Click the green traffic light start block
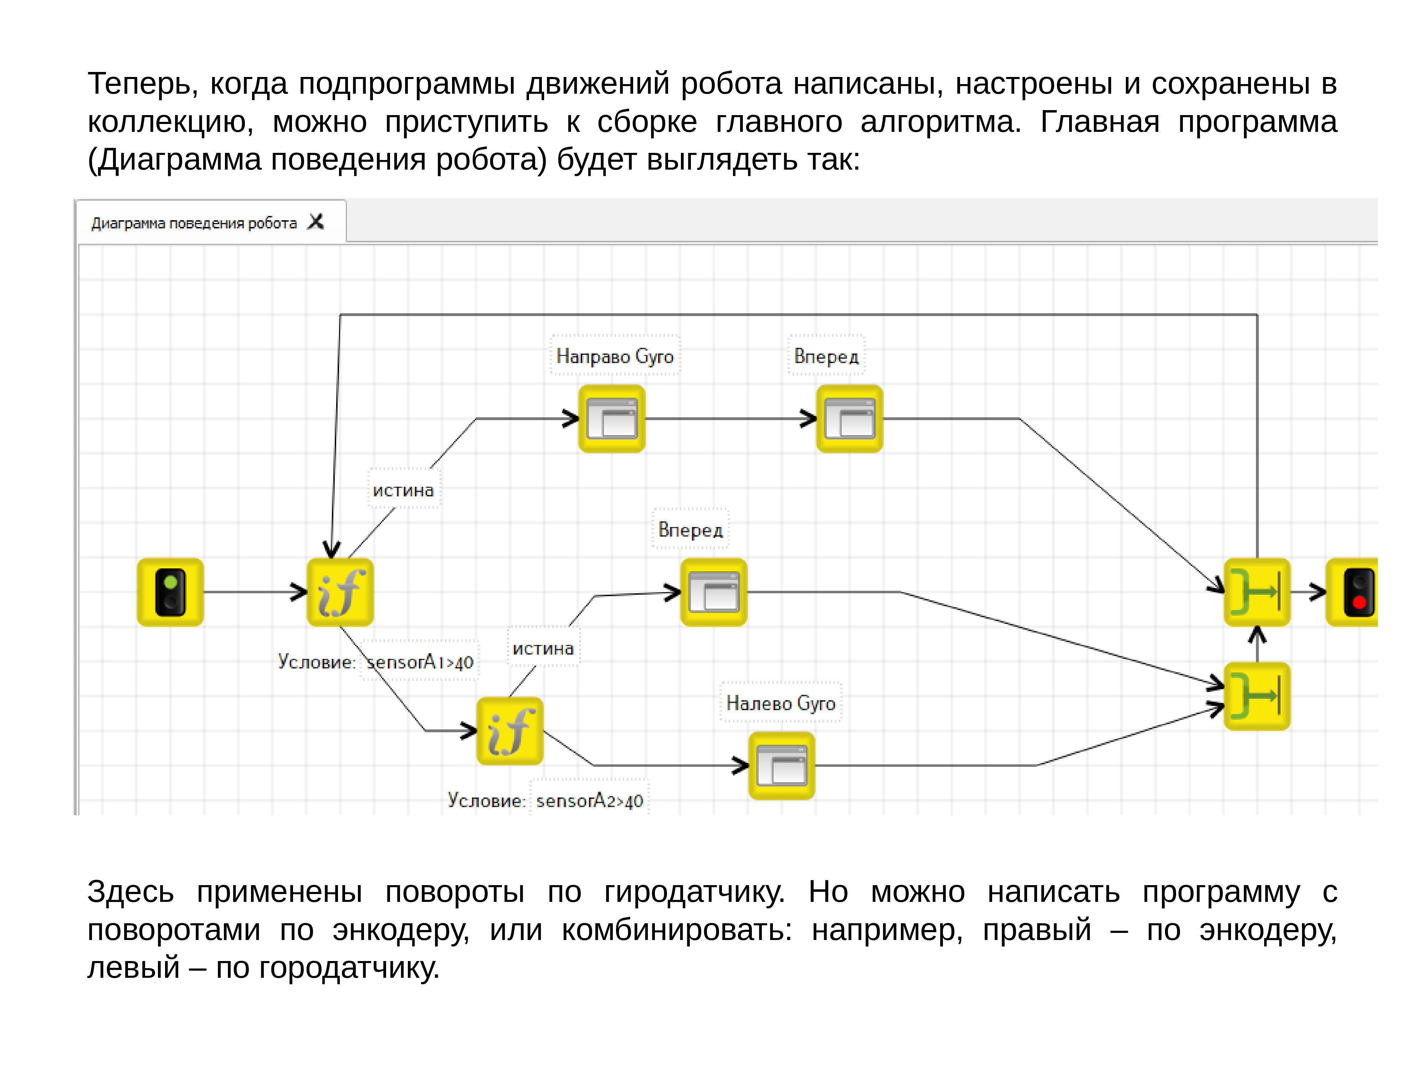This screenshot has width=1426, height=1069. pos(170,592)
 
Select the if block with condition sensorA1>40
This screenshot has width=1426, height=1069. pos(340,592)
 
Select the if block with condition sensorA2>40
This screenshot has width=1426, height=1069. pos(509,731)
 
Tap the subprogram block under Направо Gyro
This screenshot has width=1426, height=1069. pos(611,418)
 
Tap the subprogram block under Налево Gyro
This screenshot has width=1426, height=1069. pos(781,765)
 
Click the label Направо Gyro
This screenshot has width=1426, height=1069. pos(614,356)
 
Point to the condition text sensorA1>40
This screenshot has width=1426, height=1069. pos(420,662)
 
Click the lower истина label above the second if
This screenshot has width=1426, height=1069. pos(543,648)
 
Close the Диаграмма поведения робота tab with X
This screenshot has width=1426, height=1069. pos(315,222)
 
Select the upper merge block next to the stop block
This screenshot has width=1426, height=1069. pos(1256,592)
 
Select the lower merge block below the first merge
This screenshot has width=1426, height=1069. pos(1256,696)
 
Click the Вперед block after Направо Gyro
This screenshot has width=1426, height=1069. pos(849,418)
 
